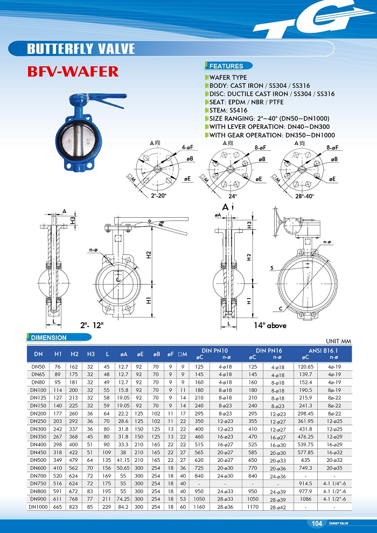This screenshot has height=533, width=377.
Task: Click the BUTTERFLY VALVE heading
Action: point(81,49)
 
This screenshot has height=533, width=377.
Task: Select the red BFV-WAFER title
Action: point(73,71)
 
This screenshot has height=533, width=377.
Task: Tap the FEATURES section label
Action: point(226,66)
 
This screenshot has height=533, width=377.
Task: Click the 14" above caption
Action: point(270,325)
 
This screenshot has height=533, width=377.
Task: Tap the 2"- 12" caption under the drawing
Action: point(92,326)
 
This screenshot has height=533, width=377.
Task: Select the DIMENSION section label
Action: point(48,338)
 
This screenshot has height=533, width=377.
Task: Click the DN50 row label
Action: point(38,366)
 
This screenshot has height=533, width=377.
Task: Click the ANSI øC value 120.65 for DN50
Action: point(305,366)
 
